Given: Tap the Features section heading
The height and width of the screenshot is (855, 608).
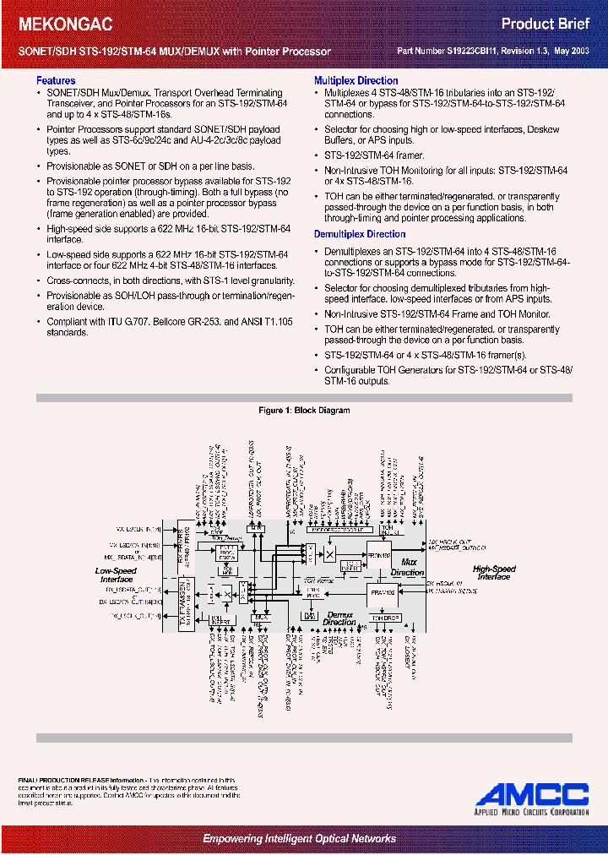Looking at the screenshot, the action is point(56,81).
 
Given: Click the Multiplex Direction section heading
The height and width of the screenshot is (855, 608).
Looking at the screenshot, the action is point(356,81).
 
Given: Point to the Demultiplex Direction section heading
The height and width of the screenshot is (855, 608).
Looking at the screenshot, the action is point(360,234).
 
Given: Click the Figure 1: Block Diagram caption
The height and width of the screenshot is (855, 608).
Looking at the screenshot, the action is point(304,411).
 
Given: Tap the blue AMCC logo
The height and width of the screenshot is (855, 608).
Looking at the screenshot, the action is point(531,795).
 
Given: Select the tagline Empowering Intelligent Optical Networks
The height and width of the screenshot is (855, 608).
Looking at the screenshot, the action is point(299,838).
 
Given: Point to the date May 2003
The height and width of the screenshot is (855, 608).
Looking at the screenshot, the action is point(571,52).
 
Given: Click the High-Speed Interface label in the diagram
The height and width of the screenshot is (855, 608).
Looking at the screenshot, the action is point(493,573).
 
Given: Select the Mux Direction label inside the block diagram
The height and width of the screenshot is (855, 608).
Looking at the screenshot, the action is point(408,567).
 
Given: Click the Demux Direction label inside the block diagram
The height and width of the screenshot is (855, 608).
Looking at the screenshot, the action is point(339,618).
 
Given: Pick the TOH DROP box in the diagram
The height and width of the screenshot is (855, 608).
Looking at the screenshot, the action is point(385,618).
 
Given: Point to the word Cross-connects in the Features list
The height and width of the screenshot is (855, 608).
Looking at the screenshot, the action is point(70,280).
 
